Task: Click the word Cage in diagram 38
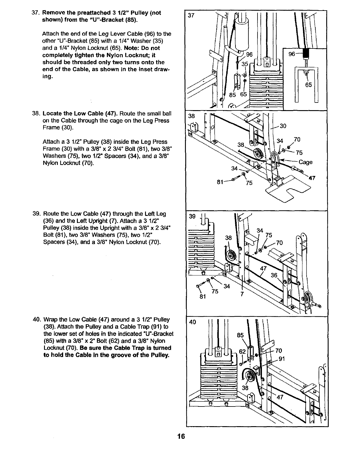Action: point(305,162)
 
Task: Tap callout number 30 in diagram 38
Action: point(283,126)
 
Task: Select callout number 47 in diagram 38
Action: point(312,178)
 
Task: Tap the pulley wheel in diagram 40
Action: point(250,377)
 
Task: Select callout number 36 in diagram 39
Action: point(274,275)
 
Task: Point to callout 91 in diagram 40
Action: point(282,359)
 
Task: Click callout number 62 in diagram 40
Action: point(242,351)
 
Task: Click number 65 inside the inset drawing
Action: point(308,85)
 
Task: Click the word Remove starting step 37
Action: point(53,13)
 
